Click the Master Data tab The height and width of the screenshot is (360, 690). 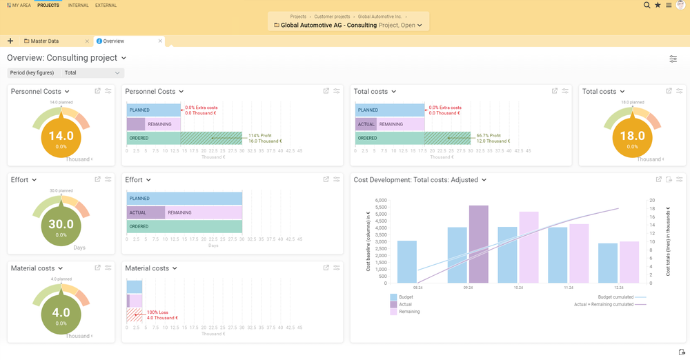[x=45, y=41]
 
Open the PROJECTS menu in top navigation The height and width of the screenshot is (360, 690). [x=48, y=5]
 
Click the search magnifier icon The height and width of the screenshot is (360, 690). [x=647, y=5]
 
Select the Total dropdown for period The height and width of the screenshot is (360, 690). [x=92, y=72]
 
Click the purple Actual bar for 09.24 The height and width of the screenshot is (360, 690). [x=478, y=244]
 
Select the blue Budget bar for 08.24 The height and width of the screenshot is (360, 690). [x=407, y=261]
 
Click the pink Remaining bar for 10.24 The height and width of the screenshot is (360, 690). [x=529, y=247]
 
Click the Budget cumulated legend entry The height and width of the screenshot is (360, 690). [x=613, y=297]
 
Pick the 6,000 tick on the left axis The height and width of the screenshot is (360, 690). [x=381, y=201]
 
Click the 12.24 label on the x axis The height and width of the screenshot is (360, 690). [x=619, y=287]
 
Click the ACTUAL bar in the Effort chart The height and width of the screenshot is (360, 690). [x=137, y=212]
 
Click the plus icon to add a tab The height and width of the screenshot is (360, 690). [x=10, y=41]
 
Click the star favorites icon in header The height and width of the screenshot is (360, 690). [x=658, y=5]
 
